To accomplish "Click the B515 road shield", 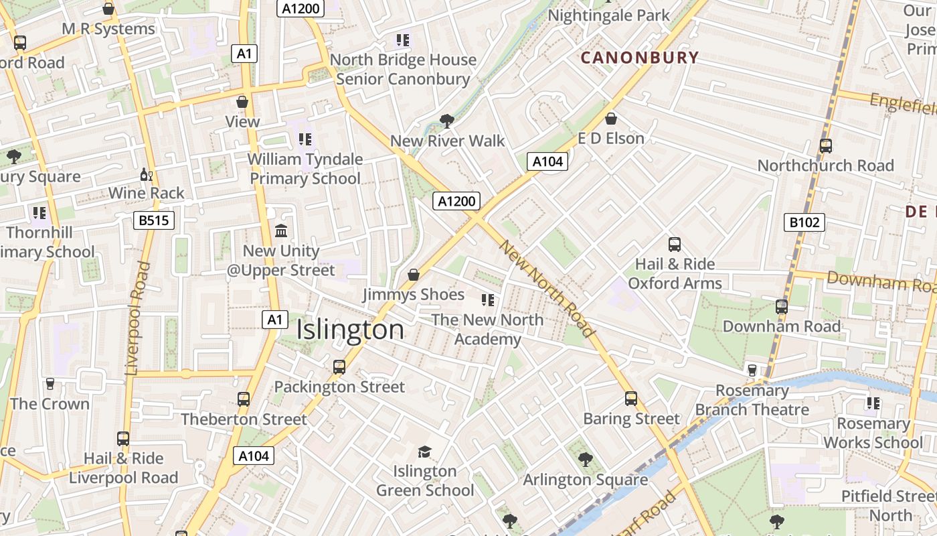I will pyautogui.click(x=154, y=220).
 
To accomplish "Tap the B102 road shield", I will pyautogui.click(x=804, y=222).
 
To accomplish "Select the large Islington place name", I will pyautogui.click(x=350, y=330).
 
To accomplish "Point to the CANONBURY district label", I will pyautogui.click(x=639, y=58).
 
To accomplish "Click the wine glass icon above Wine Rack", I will pyautogui.click(x=146, y=175).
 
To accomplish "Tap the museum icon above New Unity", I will pyautogui.click(x=281, y=231).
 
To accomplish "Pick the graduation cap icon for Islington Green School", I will pyautogui.click(x=424, y=452).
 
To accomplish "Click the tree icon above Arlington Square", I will pyautogui.click(x=586, y=460).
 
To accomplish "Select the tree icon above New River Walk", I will pyautogui.click(x=446, y=121).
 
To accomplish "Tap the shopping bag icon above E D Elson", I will pyautogui.click(x=610, y=119).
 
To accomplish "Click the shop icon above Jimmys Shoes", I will pyautogui.click(x=414, y=275).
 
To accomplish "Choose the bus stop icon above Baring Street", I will pyautogui.click(x=631, y=399).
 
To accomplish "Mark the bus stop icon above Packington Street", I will pyautogui.click(x=339, y=367).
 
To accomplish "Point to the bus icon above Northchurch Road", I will pyautogui.click(x=825, y=145).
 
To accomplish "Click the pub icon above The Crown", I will pyautogui.click(x=50, y=384).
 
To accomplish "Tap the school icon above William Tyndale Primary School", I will pyautogui.click(x=305, y=139).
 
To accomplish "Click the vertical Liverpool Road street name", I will pyautogui.click(x=137, y=318).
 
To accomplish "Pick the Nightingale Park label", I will pyautogui.click(x=608, y=15).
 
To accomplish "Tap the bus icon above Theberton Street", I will pyautogui.click(x=244, y=399).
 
